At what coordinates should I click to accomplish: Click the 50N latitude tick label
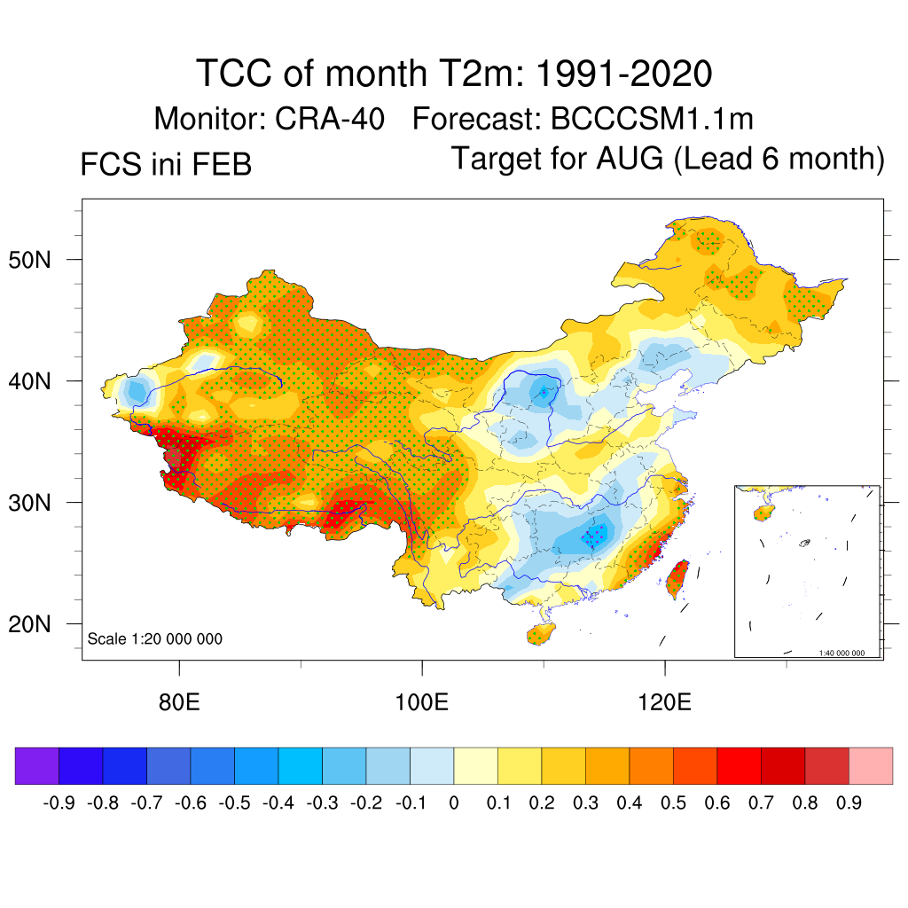click(x=40, y=260)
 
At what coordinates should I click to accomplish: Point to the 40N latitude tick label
click(x=40, y=381)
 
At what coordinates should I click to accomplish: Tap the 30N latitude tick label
click(x=40, y=503)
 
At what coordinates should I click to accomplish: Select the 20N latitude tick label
click(x=40, y=624)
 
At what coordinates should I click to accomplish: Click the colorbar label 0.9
click(x=849, y=803)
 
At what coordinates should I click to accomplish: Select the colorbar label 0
click(x=454, y=803)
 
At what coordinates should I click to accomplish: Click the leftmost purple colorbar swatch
click(x=36, y=766)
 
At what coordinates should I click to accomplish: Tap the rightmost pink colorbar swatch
click(x=871, y=766)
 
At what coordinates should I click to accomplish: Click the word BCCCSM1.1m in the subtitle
click(x=653, y=119)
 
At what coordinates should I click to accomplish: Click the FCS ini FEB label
click(x=166, y=165)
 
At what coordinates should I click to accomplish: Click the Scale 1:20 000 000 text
click(x=155, y=639)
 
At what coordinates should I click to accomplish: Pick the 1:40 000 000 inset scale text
click(x=847, y=654)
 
